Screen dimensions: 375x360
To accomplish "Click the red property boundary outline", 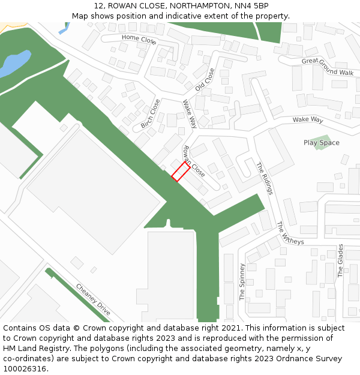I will (181, 171).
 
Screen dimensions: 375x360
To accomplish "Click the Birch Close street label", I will (151, 113).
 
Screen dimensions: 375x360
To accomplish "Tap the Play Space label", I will (321, 143).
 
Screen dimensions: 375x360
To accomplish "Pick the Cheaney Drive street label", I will (94, 299).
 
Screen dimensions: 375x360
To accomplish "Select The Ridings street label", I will (265, 178).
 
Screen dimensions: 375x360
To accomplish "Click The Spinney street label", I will (242, 281).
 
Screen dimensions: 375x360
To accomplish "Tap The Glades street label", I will (340, 260).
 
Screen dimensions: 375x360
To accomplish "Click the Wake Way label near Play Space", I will (308, 119).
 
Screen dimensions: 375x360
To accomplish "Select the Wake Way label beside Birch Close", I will (190, 114).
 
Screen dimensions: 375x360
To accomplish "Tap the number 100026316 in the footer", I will (25, 368).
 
